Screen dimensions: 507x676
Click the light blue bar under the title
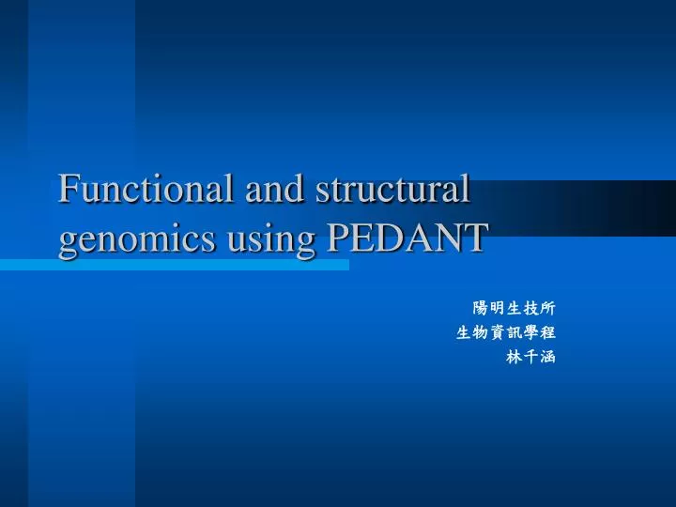pyautogui.click(x=174, y=266)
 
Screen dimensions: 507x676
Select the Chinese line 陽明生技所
pyautogui.click(x=514, y=308)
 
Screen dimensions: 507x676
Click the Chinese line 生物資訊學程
pyautogui.click(x=505, y=332)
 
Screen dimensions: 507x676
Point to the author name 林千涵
pyautogui.click(x=530, y=357)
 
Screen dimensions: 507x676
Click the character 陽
pyautogui.click(x=480, y=308)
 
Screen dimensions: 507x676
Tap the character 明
pyautogui.click(x=497, y=308)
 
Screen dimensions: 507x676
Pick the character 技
pyautogui.click(x=530, y=308)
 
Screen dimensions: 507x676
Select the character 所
pyautogui.click(x=547, y=308)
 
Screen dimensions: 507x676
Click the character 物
pyautogui.click(x=480, y=332)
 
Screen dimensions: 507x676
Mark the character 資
pyautogui.click(x=497, y=332)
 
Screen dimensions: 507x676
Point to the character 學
pyautogui.click(x=530, y=332)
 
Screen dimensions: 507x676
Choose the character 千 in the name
pyautogui.click(x=530, y=357)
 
